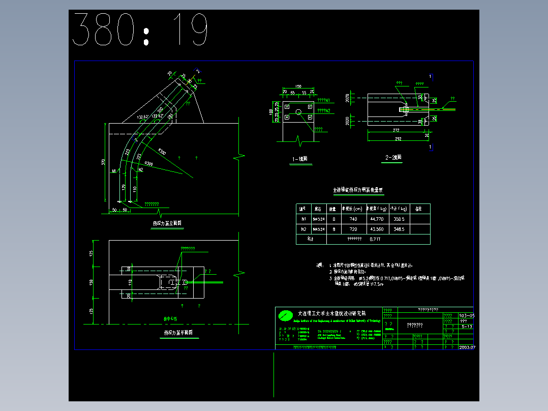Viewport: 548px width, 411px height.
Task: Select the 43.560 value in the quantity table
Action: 377,229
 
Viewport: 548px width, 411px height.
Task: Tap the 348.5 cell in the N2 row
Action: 399,229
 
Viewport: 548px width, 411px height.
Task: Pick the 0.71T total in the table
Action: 375,239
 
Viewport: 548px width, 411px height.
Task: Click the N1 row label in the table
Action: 303,219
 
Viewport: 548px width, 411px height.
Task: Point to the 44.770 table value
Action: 377,219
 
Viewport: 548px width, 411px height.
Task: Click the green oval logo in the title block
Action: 285,316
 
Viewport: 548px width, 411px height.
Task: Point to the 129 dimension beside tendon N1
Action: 124,187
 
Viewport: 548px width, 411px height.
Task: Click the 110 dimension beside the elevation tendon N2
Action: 134,189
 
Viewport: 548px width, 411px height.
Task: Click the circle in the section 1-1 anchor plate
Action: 298,112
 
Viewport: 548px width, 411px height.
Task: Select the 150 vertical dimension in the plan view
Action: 92,282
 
